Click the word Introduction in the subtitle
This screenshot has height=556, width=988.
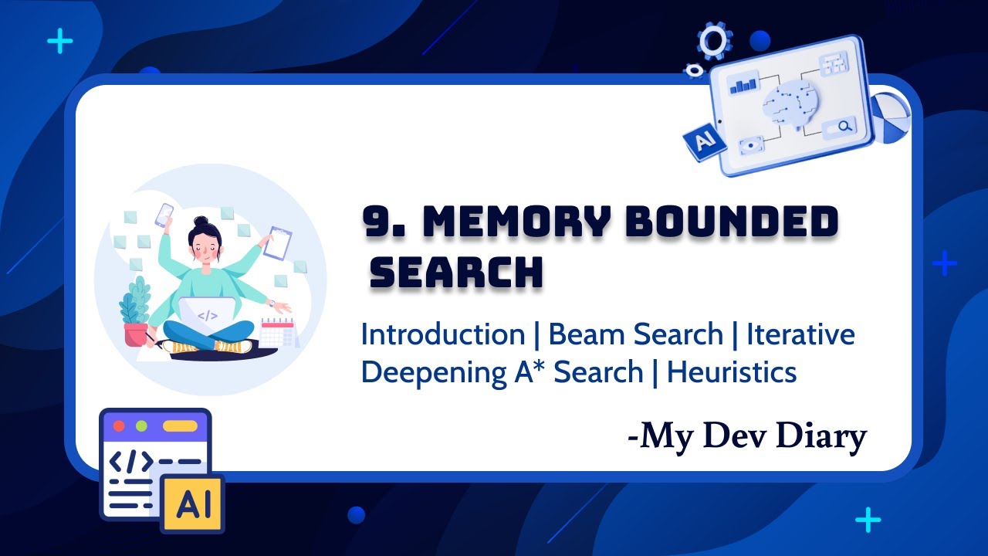(x=443, y=335)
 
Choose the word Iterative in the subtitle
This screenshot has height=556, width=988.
(x=800, y=335)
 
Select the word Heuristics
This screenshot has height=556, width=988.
(x=732, y=372)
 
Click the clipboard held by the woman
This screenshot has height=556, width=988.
(x=278, y=243)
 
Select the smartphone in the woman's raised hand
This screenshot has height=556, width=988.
(x=165, y=214)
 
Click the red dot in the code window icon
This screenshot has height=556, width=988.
(x=119, y=426)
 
